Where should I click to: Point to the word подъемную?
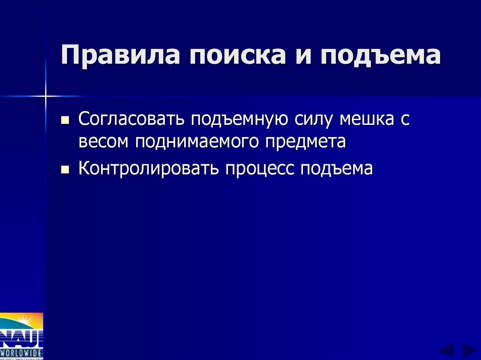coord(239,119)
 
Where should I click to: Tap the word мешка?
coord(367,119)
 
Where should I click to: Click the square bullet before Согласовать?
coord(65,120)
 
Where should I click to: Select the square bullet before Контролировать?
coord(65,169)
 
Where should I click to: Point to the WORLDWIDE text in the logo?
coord(22,352)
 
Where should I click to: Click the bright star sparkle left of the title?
coord(46,96)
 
